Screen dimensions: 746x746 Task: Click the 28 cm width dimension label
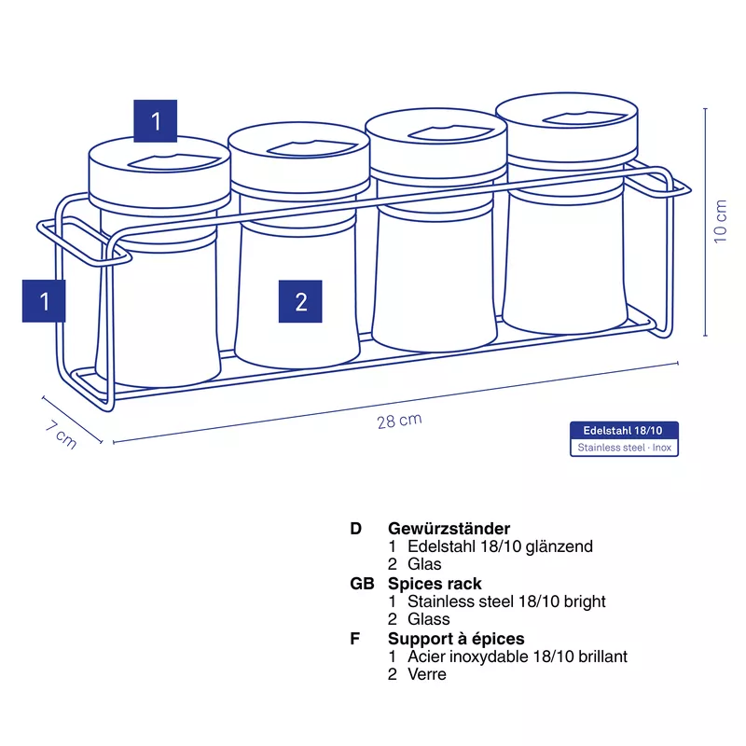point(399,421)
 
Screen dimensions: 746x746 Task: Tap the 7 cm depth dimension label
point(61,435)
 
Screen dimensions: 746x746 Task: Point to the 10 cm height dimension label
point(720,221)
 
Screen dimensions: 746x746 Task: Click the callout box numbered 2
point(300,301)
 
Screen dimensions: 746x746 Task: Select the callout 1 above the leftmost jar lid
point(155,121)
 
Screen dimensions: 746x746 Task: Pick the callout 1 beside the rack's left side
point(44,300)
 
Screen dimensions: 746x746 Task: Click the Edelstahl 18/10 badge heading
point(623,431)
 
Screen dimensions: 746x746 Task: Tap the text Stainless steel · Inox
point(624,448)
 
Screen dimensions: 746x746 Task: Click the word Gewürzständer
point(449,528)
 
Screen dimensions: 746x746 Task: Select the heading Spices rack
point(435,584)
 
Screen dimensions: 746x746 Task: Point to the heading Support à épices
point(456,638)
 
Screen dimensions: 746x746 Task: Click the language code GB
point(362,584)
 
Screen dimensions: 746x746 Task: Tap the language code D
point(356,528)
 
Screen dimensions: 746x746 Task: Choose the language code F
point(355,638)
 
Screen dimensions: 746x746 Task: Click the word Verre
point(427,674)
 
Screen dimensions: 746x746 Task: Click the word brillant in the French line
point(602,656)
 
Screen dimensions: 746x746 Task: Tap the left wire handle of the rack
point(84,242)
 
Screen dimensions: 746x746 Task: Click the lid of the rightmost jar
point(567,129)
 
